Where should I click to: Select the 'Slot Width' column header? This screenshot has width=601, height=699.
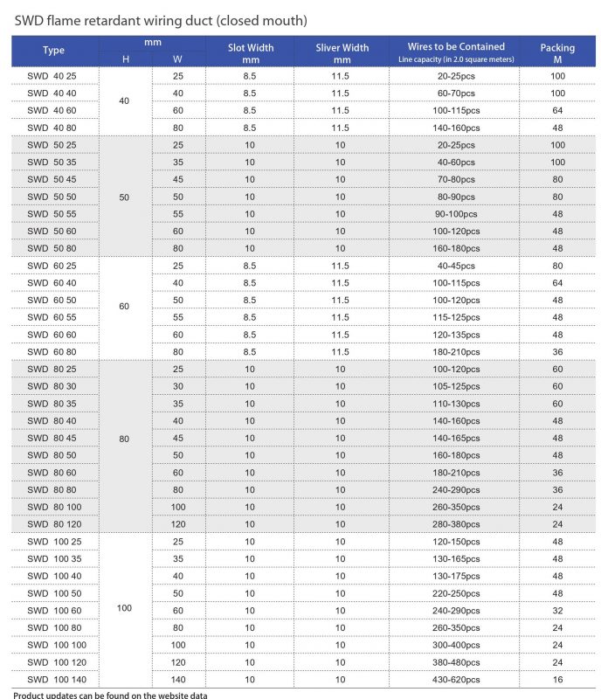pyautogui.click(x=250, y=52)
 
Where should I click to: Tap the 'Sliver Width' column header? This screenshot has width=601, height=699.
pyautogui.click(x=342, y=52)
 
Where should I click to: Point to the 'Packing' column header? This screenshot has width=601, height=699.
pyautogui.click(x=557, y=52)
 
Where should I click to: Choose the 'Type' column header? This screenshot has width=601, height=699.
pyautogui.click(x=54, y=51)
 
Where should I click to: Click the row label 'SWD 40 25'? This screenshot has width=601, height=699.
pyautogui.click(x=52, y=76)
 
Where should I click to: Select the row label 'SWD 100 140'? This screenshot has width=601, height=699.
pyautogui.click(x=57, y=679)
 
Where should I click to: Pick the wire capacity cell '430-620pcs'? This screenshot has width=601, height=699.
pyautogui.click(x=456, y=679)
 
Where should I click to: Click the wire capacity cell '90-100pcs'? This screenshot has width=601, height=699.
pyautogui.click(x=456, y=214)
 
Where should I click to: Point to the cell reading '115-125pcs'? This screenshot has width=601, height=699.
pyautogui.click(x=456, y=317)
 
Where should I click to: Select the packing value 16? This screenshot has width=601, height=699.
pyautogui.click(x=557, y=679)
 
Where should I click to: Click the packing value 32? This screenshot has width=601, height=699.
pyautogui.click(x=557, y=610)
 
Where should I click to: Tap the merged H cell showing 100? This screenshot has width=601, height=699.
pyautogui.click(x=124, y=608)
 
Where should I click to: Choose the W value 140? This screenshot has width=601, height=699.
pyautogui.click(x=178, y=679)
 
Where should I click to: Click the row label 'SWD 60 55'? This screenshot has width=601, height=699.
pyautogui.click(x=52, y=317)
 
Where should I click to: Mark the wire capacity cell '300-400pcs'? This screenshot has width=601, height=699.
pyautogui.click(x=456, y=645)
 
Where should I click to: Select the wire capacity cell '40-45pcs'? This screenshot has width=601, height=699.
pyautogui.click(x=456, y=266)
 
